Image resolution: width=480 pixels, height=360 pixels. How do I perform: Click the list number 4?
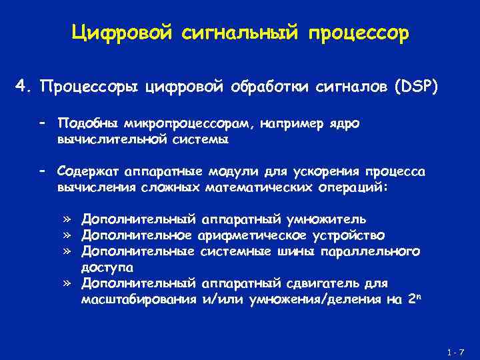pos(23,87)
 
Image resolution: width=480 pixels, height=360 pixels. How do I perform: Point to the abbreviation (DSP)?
pos(414,87)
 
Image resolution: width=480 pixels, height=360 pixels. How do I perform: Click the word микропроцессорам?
pos(175,124)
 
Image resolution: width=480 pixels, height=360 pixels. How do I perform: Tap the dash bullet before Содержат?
pos(41,172)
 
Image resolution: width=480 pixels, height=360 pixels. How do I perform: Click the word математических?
pos(258,187)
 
